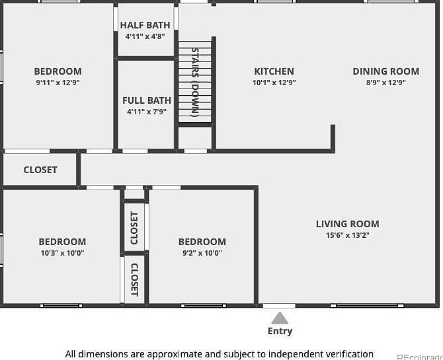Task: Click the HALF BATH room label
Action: pyautogui.click(x=145, y=25)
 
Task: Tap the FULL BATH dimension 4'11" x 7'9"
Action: pyautogui.click(x=147, y=112)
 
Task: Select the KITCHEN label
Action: pyautogui.click(x=274, y=71)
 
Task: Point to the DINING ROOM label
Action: pyautogui.click(x=386, y=71)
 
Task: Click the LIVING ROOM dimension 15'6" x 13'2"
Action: pyautogui.click(x=348, y=235)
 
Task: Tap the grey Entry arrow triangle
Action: pyautogui.click(x=280, y=318)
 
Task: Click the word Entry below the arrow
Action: pyautogui.click(x=280, y=331)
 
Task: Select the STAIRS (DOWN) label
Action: pyautogui.click(x=195, y=82)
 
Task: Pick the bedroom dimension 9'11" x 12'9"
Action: pyautogui.click(x=58, y=83)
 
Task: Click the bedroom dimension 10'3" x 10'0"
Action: pyautogui.click(x=62, y=253)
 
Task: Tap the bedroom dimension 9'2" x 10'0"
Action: pyautogui.click(x=202, y=253)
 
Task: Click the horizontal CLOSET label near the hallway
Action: pyautogui.click(x=40, y=170)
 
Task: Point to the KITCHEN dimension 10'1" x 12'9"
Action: pyautogui.click(x=274, y=83)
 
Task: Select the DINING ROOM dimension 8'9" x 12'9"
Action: pyautogui.click(x=386, y=83)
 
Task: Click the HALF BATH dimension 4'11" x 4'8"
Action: pyautogui.click(x=145, y=36)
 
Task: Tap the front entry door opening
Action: pyautogui.click(x=279, y=306)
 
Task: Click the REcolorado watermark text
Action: pyautogui.click(x=420, y=357)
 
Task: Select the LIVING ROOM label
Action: pyautogui.click(x=348, y=224)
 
